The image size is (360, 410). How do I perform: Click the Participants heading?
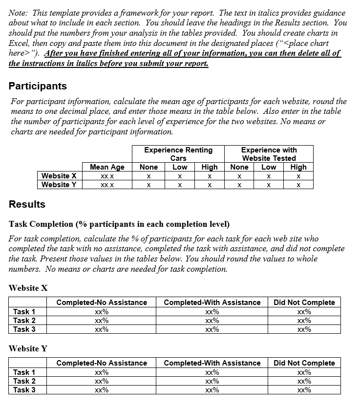click(38, 86)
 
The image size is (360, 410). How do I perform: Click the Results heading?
click(27, 204)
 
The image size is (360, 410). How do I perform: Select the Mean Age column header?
click(107, 167)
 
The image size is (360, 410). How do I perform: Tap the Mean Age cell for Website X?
click(107, 176)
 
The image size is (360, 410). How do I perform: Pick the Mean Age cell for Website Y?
click(107, 185)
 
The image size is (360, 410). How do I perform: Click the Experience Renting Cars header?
click(178, 154)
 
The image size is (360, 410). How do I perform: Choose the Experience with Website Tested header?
click(269, 154)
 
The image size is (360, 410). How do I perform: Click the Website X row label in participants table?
click(59, 176)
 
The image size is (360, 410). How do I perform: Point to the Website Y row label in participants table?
click(59, 185)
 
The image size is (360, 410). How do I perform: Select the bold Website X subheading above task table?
click(28, 288)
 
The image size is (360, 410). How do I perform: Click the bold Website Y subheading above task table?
click(28, 348)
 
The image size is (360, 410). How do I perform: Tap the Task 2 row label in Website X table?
click(24, 321)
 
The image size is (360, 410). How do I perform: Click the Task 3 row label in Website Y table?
click(24, 390)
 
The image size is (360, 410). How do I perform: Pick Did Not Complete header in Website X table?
click(304, 302)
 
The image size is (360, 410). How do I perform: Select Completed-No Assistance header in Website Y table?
click(102, 363)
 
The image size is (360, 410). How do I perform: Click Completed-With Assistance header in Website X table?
click(212, 302)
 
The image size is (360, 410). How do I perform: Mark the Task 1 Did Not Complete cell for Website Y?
click(304, 372)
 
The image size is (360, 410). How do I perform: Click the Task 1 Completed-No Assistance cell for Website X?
click(102, 312)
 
